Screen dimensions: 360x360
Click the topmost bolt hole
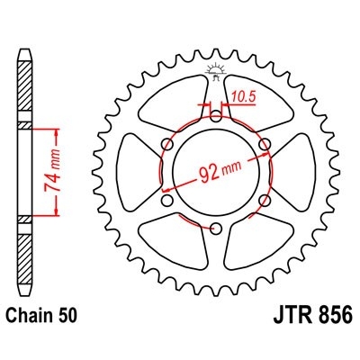click(217, 116)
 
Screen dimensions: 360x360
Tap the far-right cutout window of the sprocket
click(299, 171)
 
